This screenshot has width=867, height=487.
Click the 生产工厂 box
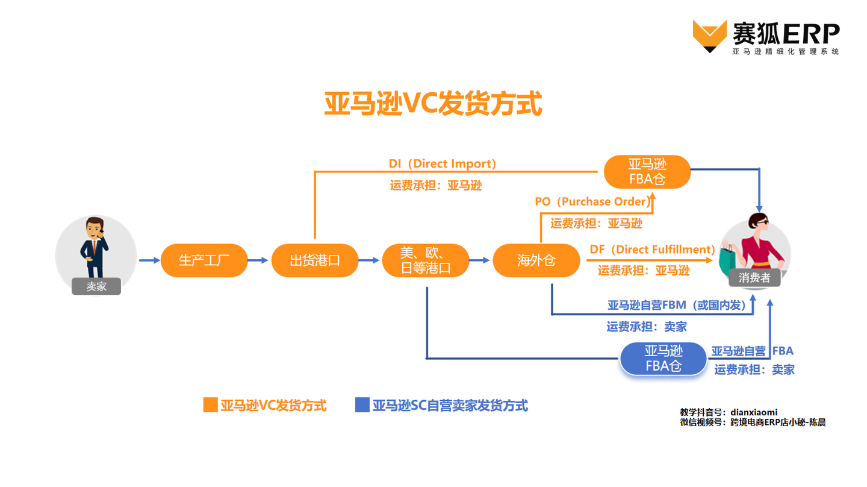(x=204, y=260)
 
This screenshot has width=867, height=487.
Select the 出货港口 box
(x=315, y=260)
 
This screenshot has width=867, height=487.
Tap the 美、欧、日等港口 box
(x=426, y=260)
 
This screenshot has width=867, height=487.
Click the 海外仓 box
(x=536, y=260)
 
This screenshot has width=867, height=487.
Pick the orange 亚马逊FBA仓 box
(x=647, y=172)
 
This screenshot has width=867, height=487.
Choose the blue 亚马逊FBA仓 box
(x=663, y=359)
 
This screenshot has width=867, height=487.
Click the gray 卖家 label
(x=96, y=286)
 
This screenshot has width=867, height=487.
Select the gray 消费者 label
(x=754, y=278)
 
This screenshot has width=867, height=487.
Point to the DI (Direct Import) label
(x=443, y=164)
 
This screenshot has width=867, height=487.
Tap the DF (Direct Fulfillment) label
(x=652, y=249)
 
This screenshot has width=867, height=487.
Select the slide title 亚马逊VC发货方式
(x=433, y=104)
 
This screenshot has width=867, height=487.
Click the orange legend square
(x=210, y=405)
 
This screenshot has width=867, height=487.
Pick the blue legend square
(x=362, y=405)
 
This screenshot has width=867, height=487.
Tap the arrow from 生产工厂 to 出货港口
(x=259, y=260)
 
